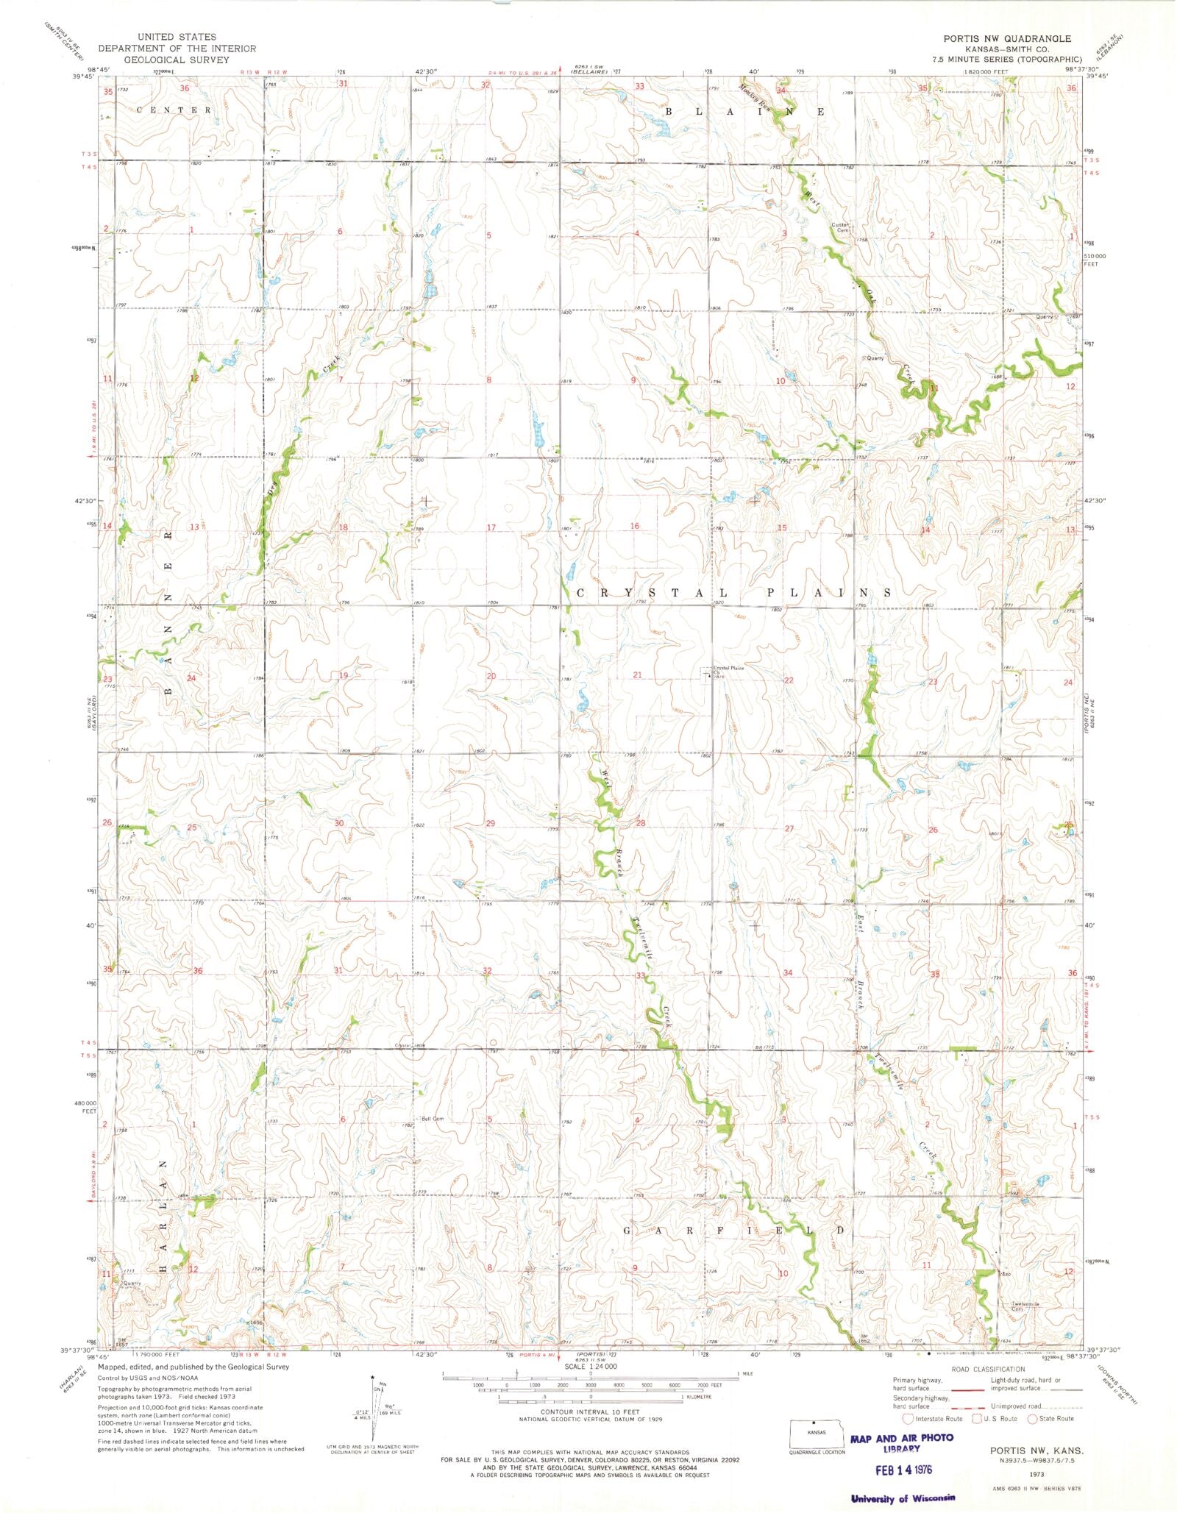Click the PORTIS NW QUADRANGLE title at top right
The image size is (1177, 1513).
tap(1007, 38)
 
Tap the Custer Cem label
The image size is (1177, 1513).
tap(841, 227)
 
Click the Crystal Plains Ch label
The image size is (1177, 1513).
tap(728, 669)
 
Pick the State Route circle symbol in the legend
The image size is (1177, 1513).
tap(1033, 1418)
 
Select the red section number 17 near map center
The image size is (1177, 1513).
tap(491, 527)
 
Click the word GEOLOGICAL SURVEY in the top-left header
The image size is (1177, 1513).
tap(177, 60)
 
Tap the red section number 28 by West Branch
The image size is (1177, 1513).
tap(640, 823)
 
